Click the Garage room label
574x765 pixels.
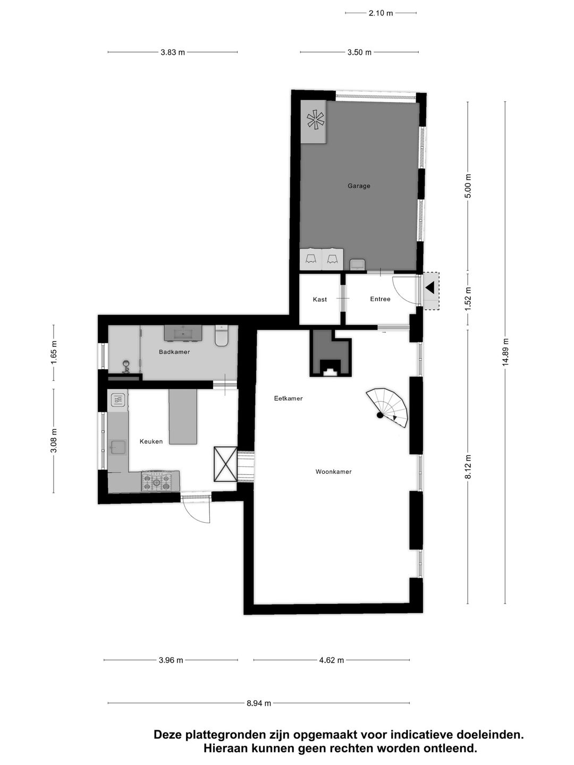coord(359,186)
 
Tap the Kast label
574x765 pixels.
coord(320,300)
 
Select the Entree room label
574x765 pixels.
coord(380,299)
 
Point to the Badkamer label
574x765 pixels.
coord(174,352)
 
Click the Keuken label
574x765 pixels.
coord(151,441)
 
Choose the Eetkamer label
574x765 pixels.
coord(288,398)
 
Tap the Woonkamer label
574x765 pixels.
coord(333,472)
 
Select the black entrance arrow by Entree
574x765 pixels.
coord(430,288)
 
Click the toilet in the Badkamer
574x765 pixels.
coord(221,336)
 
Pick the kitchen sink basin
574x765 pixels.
coord(117,448)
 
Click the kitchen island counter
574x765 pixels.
coord(183,416)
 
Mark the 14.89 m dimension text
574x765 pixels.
coord(505,352)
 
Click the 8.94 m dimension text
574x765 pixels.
coord(259,703)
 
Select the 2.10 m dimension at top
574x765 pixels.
coord(381,13)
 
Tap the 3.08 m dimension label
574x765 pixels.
coord(53,441)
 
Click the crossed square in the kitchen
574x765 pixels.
coord(225,464)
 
